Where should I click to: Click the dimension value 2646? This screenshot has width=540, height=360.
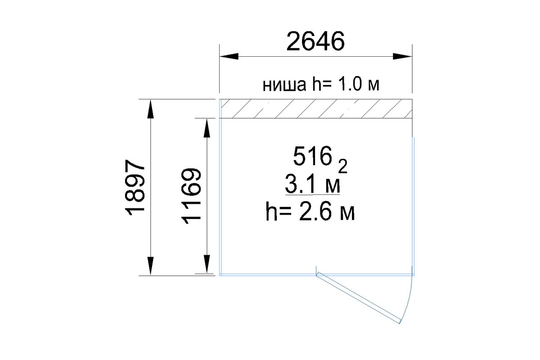click(315, 41)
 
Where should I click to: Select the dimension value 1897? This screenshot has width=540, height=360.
click(135, 187)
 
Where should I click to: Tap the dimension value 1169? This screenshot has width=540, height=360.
click(191, 196)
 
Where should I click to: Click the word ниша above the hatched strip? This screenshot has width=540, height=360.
click(284, 85)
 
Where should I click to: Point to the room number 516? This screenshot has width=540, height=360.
click(312, 156)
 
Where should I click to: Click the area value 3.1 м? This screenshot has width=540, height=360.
click(312, 184)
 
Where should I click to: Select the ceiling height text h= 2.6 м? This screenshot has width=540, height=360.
click(310, 212)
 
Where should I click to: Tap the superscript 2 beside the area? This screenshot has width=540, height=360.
click(343, 166)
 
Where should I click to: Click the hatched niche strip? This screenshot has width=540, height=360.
click(315, 109)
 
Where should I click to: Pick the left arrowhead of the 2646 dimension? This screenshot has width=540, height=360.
click(229, 56)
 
